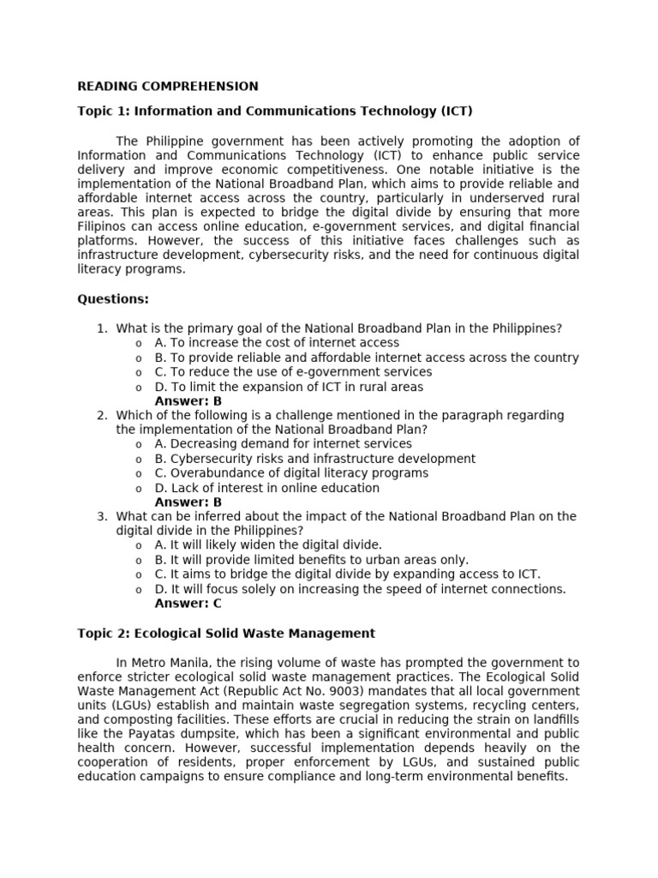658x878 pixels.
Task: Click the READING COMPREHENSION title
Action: tap(168, 86)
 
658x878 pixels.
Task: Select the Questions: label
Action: tap(113, 299)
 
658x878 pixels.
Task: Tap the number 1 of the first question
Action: tap(101, 328)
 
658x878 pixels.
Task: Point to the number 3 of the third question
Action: tap(101, 516)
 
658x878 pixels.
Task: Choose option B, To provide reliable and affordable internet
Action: tap(366, 358)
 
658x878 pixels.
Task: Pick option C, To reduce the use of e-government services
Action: tap(293, 372)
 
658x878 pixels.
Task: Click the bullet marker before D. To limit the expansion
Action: tap(138, 388)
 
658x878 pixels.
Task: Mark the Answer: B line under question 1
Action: tap(188, 400)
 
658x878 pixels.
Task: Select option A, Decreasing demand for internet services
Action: tap(283, 444)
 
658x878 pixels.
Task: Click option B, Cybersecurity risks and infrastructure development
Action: tap(314, 459)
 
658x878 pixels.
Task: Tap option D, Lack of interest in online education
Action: tap(266, 488)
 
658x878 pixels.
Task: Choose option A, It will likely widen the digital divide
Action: tap(268, 545)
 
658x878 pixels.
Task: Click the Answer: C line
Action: tap(188, 603)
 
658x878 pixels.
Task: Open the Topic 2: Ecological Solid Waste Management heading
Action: tap(226, 634)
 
